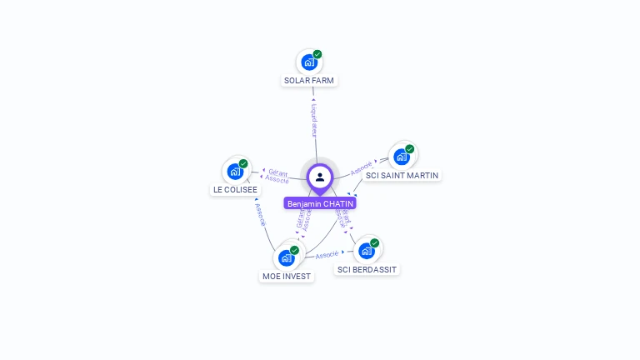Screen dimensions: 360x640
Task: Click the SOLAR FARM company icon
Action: [309, 62]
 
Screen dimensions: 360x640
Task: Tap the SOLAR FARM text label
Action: [310, 81]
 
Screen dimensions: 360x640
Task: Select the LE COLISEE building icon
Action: [236, 172]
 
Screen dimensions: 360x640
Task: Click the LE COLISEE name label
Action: [235, 190]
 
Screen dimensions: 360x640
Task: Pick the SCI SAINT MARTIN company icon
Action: [402, 157]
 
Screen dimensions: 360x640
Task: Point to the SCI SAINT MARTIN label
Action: [402, 176]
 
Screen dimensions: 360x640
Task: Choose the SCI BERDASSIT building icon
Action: [367, 251]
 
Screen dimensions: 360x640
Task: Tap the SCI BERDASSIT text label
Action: [367, 270]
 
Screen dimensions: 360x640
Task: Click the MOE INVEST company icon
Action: [287, 257]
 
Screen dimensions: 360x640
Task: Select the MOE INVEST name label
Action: [287, 277]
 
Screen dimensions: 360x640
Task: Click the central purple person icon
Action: [320, 177]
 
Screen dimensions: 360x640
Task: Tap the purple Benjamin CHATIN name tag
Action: [321, 203]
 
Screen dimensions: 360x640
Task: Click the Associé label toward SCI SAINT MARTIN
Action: [361, 167]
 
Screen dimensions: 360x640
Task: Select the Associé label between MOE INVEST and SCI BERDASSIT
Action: [327, 255]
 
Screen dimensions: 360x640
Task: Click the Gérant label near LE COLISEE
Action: [278, 172]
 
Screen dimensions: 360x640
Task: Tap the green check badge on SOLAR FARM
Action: [317, 54]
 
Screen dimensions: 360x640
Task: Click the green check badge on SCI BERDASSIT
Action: [375, 243]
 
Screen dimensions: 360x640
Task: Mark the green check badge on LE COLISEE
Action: [243, 163]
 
